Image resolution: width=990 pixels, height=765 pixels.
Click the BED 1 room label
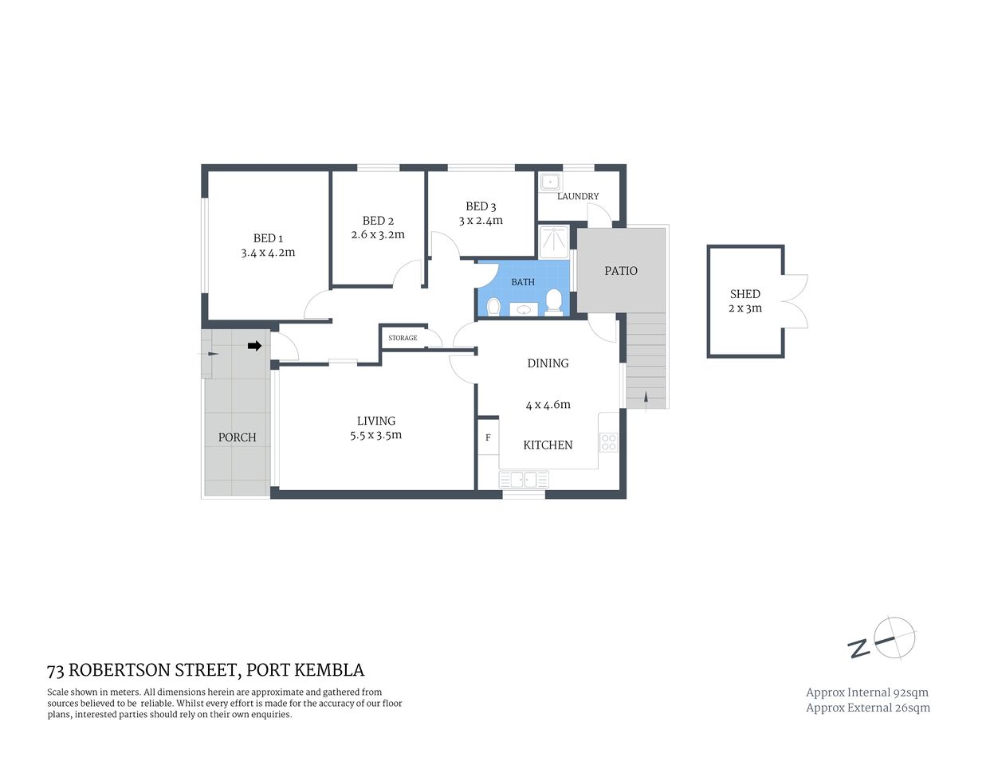click(x=268, y=238)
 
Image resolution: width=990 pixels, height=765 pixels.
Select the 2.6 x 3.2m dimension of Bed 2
click(x=378, y=235)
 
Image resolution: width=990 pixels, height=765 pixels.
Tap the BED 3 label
click(x=481, y=206)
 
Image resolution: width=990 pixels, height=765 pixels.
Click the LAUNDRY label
click(x=578, y=196)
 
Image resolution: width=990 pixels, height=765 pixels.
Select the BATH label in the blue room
click(x=523, y=282)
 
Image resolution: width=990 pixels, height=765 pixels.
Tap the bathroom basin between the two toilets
click(x=524, y=309)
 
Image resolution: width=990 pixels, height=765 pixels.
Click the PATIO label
click(x=621, y=271)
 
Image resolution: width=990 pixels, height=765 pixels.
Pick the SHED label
click(x=745, y=294)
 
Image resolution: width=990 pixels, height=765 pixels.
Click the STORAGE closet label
click(x=403, y=338)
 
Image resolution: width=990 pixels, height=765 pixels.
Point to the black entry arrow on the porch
click(x=254, y=346)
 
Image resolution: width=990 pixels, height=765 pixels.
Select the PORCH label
click(x=238, y=437)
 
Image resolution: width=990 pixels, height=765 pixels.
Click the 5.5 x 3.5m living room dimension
click(x=376, y=435)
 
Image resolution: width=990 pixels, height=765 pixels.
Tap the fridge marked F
click(x=488, y=437)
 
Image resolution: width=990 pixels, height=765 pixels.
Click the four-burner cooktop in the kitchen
click(x=608, y=442)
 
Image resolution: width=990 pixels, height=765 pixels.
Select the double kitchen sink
click(x=524, y=480)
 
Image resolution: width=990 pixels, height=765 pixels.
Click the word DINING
click(x=548, y=363)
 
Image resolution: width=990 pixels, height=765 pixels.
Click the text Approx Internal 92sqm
click(x=867, y=692)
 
